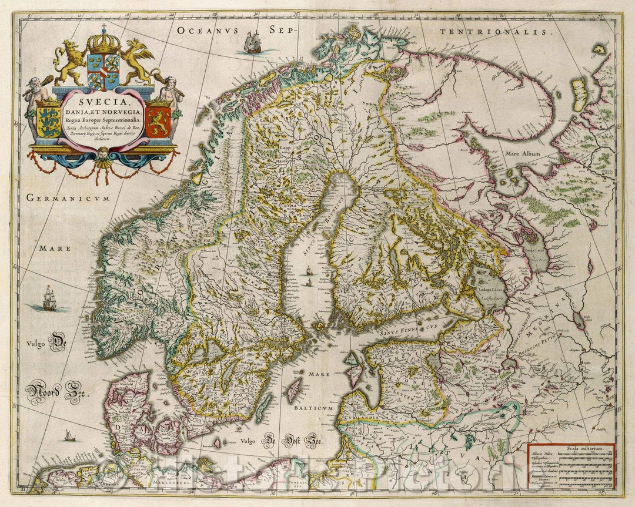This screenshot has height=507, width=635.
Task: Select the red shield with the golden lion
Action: [158, 122]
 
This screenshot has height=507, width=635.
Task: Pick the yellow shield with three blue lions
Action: [49, 122]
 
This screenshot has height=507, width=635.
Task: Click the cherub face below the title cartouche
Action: [103, 155]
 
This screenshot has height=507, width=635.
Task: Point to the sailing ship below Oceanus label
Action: [253, 43]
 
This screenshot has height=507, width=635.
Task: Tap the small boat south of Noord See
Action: [70, 435]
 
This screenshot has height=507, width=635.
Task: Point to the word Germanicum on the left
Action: [69, 199]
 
